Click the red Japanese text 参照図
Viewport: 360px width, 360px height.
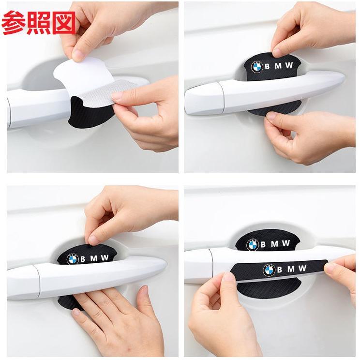point(38,23)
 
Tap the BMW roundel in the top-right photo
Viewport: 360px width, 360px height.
point(256,67)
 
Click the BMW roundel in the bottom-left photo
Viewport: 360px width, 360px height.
point(73,259)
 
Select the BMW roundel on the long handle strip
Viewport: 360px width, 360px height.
point(269,270)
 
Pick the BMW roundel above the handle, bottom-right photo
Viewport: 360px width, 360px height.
point(253,245)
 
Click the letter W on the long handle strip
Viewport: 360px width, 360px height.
point(302,268)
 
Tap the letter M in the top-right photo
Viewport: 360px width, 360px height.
point(278,66)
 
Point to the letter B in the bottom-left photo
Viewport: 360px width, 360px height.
point(83,259)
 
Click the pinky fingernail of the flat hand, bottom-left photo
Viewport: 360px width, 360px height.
point(76,313)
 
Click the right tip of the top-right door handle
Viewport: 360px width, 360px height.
point(344,78)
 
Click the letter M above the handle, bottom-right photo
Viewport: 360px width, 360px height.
point(274,244)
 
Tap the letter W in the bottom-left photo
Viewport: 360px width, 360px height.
point(105,257)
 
